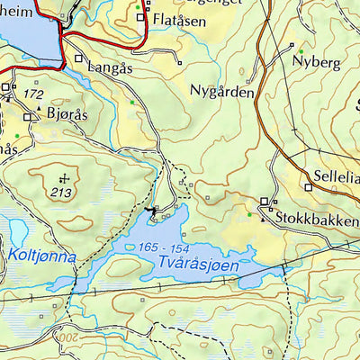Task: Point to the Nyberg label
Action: click(316, 62)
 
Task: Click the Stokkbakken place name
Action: click(316, 218)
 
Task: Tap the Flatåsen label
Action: click(184, 19)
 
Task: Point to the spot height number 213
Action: click(62, 192)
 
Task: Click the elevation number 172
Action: click(34, 94)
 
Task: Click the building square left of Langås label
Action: click(79, 58)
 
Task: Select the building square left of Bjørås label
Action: click(28, 117)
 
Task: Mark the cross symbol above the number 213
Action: click(64, 178)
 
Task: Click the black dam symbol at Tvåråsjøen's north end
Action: click(149, 211)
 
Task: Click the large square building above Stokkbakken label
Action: click(265, 202)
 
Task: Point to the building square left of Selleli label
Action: click(308, 187)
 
